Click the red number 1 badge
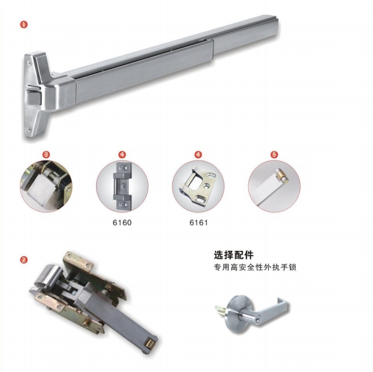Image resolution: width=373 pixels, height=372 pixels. (x=24, y=25)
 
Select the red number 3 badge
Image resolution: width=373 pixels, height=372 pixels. (x=46, y=153)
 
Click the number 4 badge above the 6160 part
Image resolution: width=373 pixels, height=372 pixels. (x=122, y=153)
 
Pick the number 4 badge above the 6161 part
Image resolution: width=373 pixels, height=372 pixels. (x=198, y=153)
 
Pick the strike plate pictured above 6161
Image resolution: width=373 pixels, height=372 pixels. (x=199, y=185)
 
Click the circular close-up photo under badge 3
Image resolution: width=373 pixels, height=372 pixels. (x=46, y=185)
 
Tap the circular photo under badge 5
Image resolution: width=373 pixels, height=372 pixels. (x=274, y=185)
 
